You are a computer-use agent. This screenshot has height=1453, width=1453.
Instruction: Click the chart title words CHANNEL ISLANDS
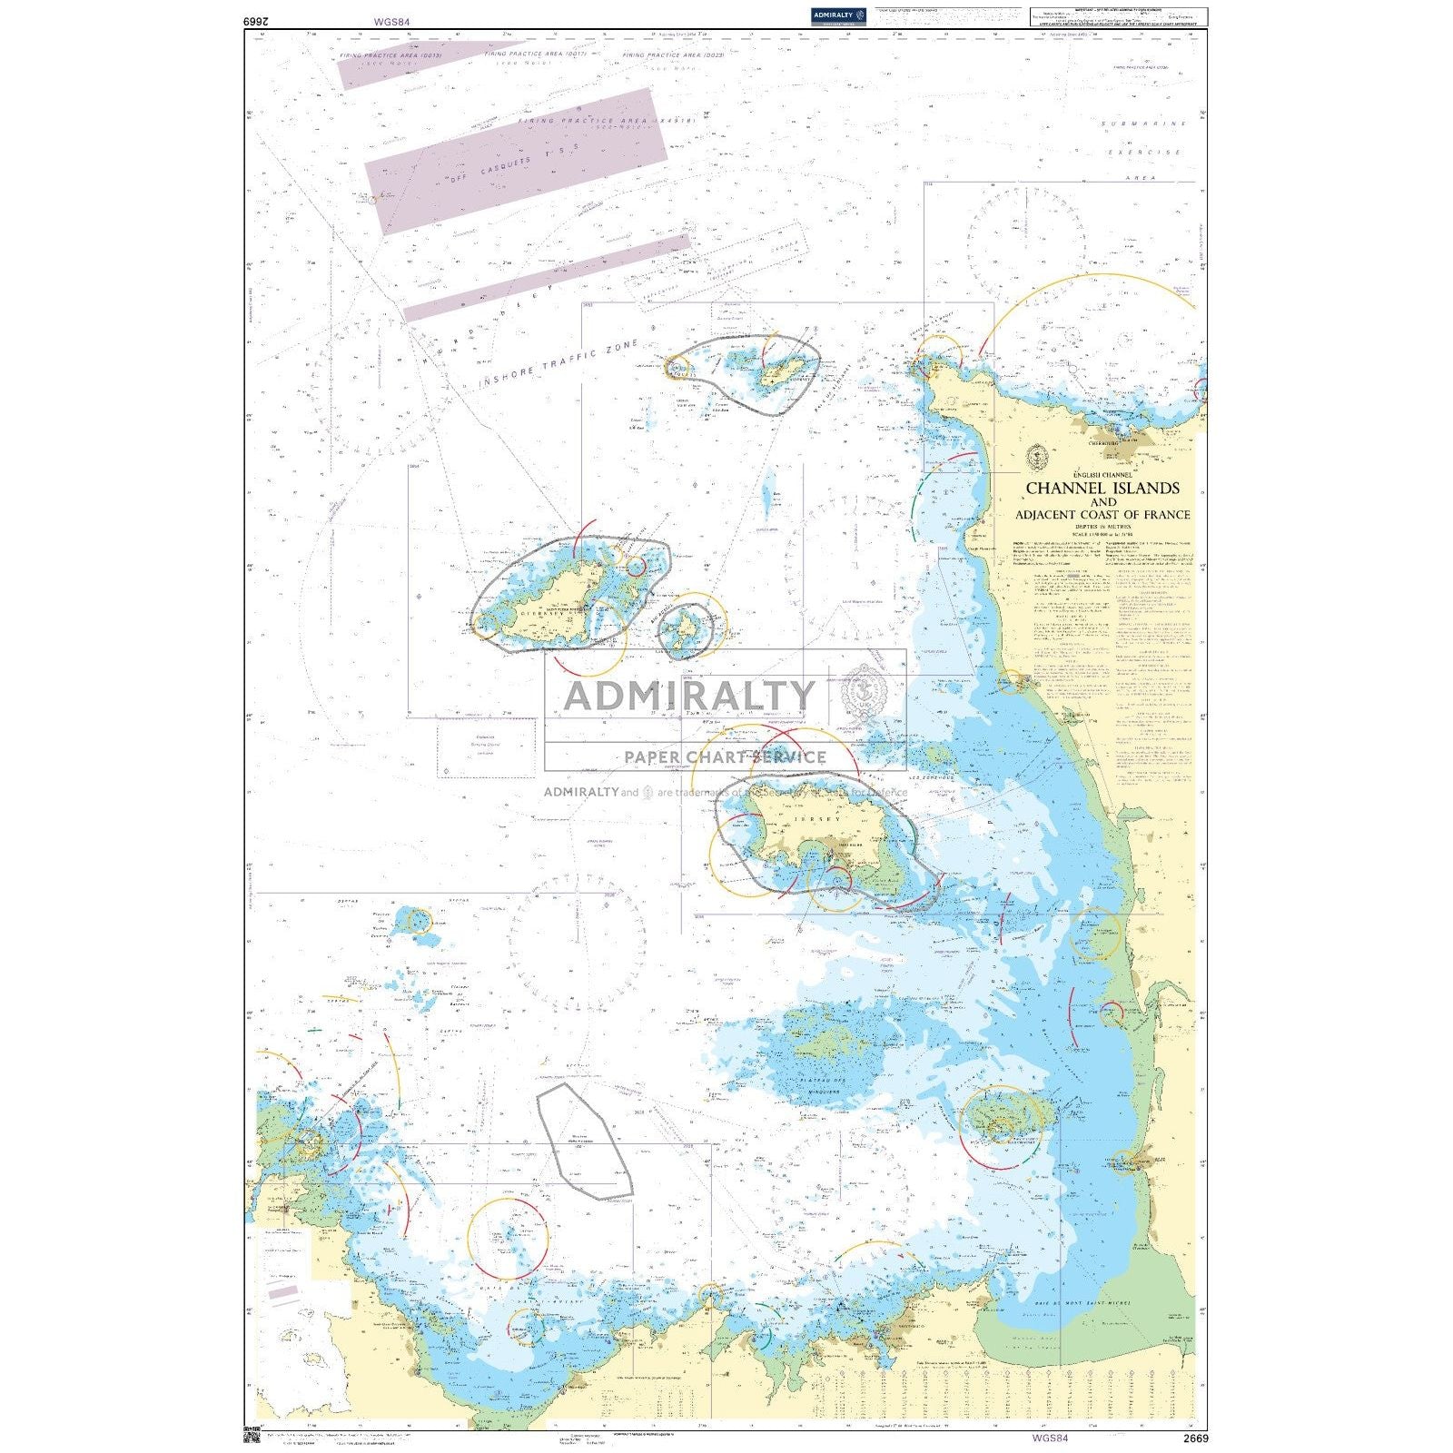1102,489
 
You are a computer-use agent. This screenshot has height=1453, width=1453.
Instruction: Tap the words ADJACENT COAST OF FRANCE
1102,515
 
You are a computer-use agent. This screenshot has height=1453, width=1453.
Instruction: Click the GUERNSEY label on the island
542,613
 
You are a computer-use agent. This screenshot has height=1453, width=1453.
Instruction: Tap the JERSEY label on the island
812,817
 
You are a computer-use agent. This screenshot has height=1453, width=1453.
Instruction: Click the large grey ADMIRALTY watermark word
689,696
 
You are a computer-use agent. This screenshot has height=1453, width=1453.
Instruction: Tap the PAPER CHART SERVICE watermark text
725,756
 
